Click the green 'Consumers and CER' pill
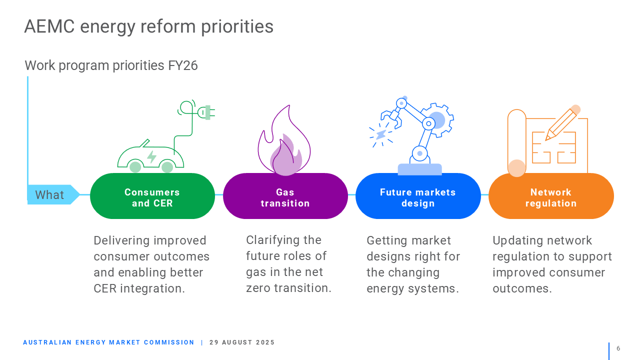pos(152,196)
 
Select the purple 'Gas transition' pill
pos(285,196)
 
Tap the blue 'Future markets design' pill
pos(418,196)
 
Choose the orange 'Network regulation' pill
pos(551,196)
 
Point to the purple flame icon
pos(284,140)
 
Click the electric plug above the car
pos(206,112)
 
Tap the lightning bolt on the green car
pos(151,157)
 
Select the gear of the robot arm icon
pos(437,120)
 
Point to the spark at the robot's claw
pos(381,135)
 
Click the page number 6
pos(618,348)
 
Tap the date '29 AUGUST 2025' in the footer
pos(242,342)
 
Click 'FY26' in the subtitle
pos(183,65)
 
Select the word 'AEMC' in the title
pos(49,26)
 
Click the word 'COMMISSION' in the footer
pos(169,342)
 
